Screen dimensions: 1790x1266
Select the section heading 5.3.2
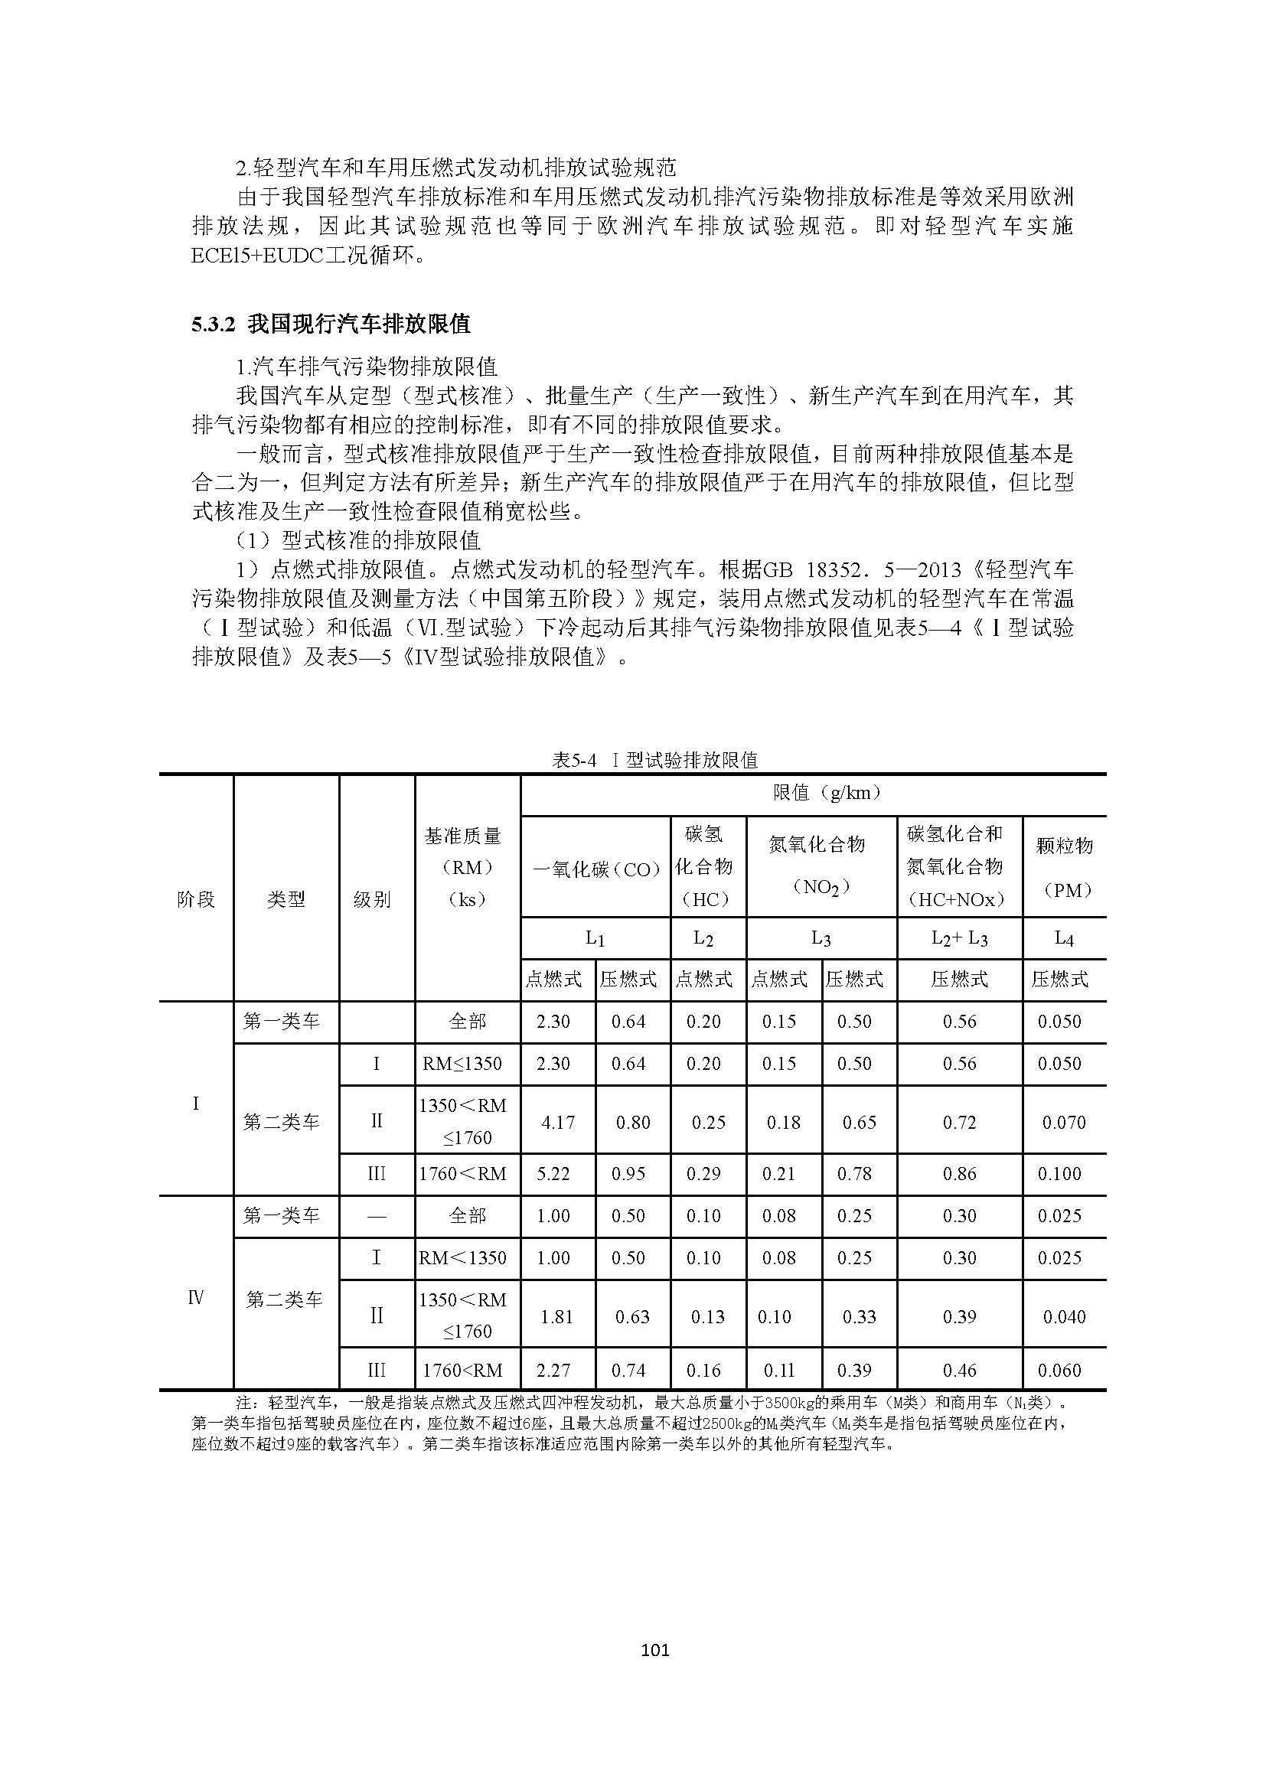coord(213,324)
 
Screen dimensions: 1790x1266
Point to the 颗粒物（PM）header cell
coord(1063,867)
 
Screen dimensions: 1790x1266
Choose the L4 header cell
coord(1063,939)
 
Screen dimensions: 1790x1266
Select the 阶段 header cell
coord(196,899)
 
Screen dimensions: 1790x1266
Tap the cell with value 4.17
coord(557,1122)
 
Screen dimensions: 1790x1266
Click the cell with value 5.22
coord(553,1173)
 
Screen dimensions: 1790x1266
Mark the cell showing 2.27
coord(553,1370)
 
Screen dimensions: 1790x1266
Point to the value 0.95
coord(629,1173)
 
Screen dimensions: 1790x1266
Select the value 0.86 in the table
coord(959,1173)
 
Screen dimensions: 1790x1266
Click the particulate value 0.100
coord(1059,1173)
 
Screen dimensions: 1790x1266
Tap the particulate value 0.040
coord(1064,1317)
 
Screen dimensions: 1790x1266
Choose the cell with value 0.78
coord(854,1173)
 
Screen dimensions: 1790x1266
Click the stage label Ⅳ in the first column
coord(196,1297)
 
